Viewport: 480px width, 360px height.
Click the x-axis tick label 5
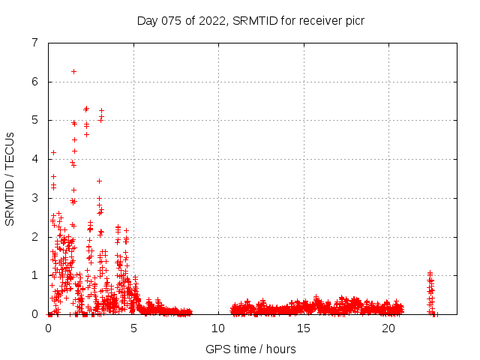133,328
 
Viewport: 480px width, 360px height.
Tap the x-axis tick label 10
218,328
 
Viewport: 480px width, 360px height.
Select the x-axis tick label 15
304,328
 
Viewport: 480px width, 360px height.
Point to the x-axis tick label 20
388,328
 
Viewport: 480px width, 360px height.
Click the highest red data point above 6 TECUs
73,71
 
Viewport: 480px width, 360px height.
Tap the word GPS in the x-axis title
217,349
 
